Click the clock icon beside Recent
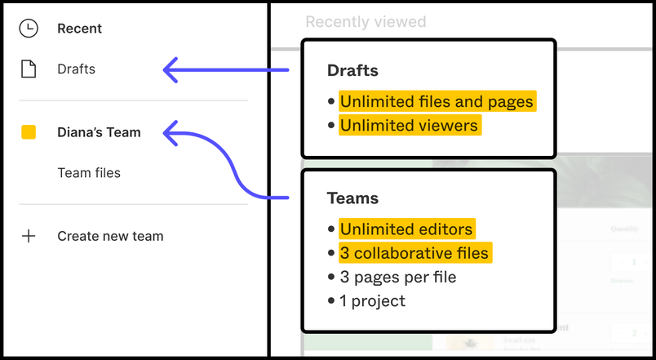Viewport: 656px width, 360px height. [29, 29]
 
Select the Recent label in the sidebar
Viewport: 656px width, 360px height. [79, 29]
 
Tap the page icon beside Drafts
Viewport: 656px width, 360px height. [29, 69]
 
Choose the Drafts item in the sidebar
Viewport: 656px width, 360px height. [76, 69]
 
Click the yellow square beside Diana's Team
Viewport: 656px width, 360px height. [29, 132]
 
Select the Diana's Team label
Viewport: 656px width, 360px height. [99, 132]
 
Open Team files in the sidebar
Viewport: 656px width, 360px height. [89, 173]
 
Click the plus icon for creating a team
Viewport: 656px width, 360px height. [29, 236]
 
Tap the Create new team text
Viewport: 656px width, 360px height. [110, 236]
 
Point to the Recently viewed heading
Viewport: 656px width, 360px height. [366, 22]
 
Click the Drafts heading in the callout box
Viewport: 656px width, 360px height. [352, 71]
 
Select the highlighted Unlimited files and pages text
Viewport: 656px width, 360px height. [437, 102]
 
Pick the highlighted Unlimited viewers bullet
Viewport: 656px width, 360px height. [409, 126]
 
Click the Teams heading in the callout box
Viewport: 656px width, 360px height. [352, 198]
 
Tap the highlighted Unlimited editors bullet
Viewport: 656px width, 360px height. [406, 229]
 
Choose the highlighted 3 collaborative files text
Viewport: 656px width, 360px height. [414, 253]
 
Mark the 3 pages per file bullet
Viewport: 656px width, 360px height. [398, 277]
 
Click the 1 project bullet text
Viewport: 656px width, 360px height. [373, 300]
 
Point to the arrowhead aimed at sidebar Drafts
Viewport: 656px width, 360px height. [170, 70]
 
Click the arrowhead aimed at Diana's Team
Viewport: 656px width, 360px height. [170, 132]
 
